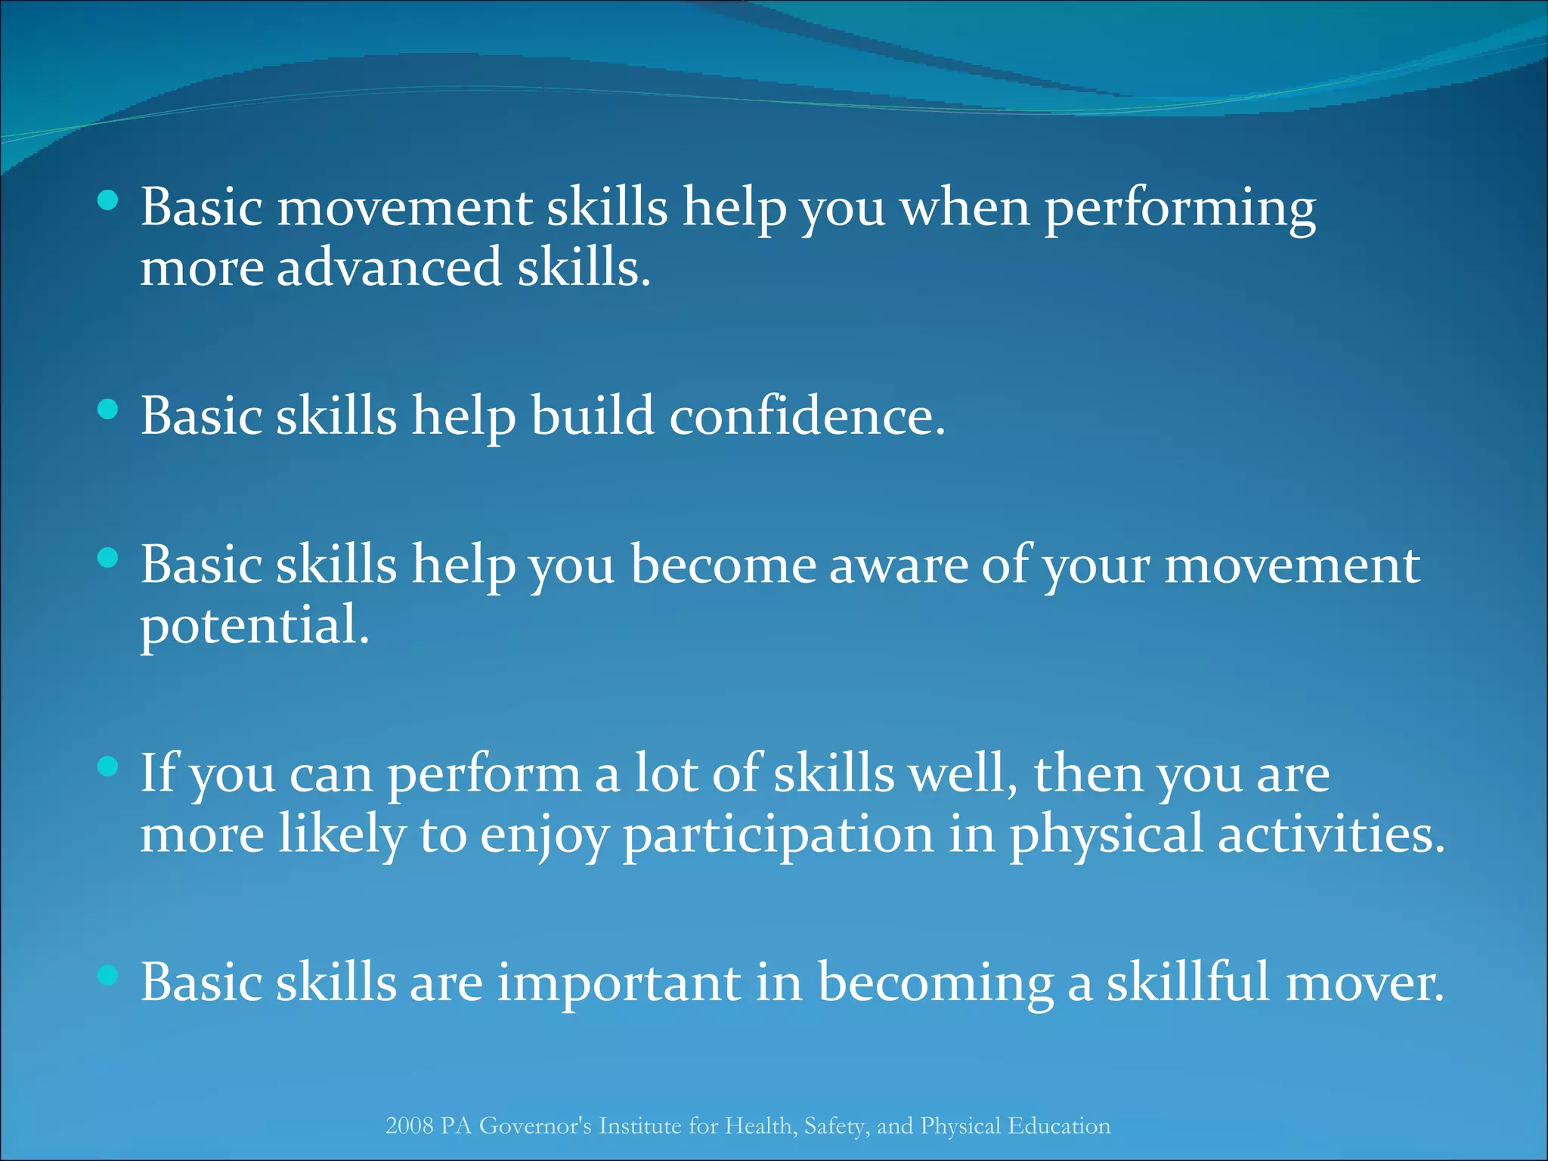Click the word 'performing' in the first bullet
1180,209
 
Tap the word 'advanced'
389,268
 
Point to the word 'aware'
899,565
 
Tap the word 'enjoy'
544,836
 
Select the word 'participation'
778,836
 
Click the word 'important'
618,983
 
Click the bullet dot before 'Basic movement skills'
109,200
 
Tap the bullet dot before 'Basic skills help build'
109,410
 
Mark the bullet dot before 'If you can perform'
109,767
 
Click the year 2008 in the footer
409,1126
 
